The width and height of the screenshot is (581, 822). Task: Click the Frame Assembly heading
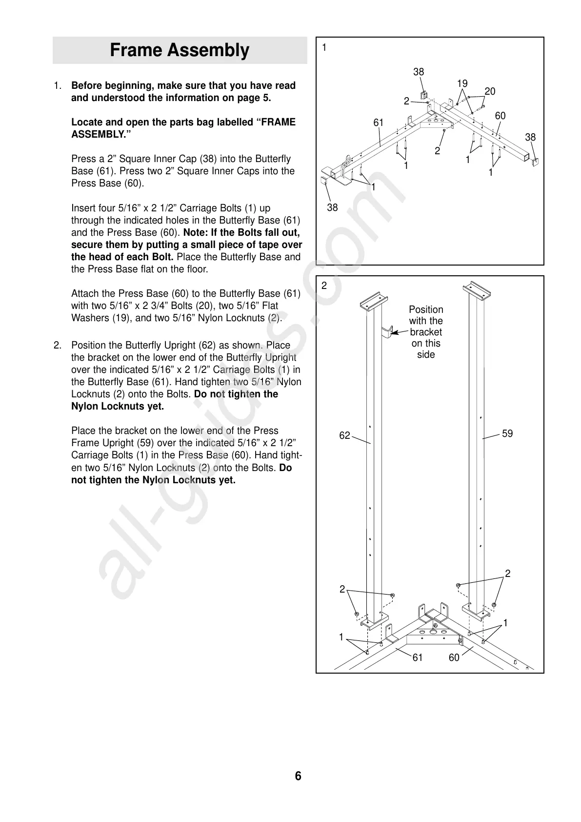(180, 50)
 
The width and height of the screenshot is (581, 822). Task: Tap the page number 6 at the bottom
(298, 776)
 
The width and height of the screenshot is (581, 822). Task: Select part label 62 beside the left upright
(344, 435)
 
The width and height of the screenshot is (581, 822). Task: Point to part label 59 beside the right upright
(507, 433)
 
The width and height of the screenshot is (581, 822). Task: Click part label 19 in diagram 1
(462, 83)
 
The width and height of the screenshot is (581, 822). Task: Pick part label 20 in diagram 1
(490, 91)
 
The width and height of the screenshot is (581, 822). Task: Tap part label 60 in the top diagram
(500, 116)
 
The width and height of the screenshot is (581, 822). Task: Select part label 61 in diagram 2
(418, 658)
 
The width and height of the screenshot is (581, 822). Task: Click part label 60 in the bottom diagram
(454, 658)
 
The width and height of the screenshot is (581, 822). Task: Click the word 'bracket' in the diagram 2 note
(426, 332)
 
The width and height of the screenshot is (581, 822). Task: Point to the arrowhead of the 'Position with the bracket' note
(394, 333)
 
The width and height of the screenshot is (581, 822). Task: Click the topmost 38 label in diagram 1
(419, 72)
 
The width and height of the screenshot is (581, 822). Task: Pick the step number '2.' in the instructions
(58, 346)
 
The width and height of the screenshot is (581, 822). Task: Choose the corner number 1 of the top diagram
(324, 47)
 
